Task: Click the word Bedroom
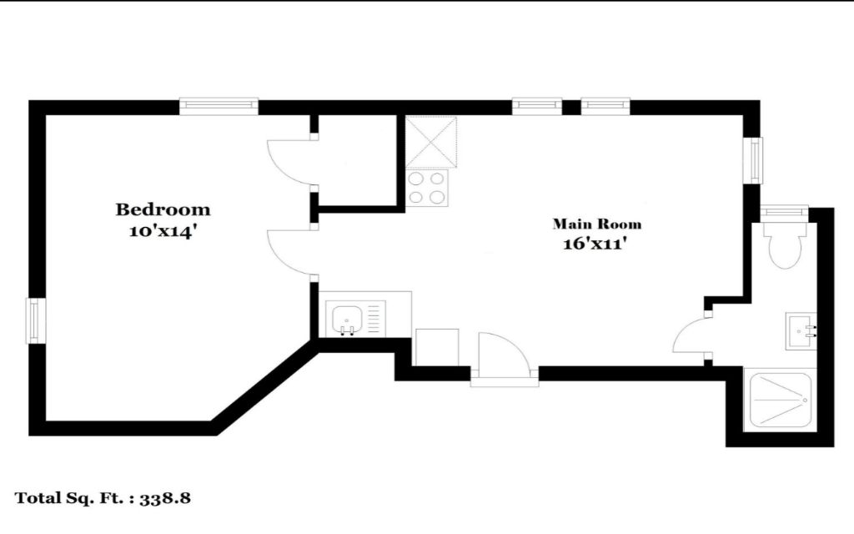(163, 209)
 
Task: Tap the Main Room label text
(597, 224)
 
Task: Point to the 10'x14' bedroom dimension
(162, 232)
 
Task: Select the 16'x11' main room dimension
(593, 244)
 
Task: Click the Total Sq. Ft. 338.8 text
(103, 498)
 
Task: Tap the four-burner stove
(428, 188)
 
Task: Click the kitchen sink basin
(345, 320)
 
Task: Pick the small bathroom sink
(801, 330)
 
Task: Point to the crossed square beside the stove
(431, 141)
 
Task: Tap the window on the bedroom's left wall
(33, 320)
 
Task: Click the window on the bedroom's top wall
(219, 106)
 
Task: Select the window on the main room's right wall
(756, 160)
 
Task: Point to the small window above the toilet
(784, 211)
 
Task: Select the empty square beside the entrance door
(437, 347)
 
